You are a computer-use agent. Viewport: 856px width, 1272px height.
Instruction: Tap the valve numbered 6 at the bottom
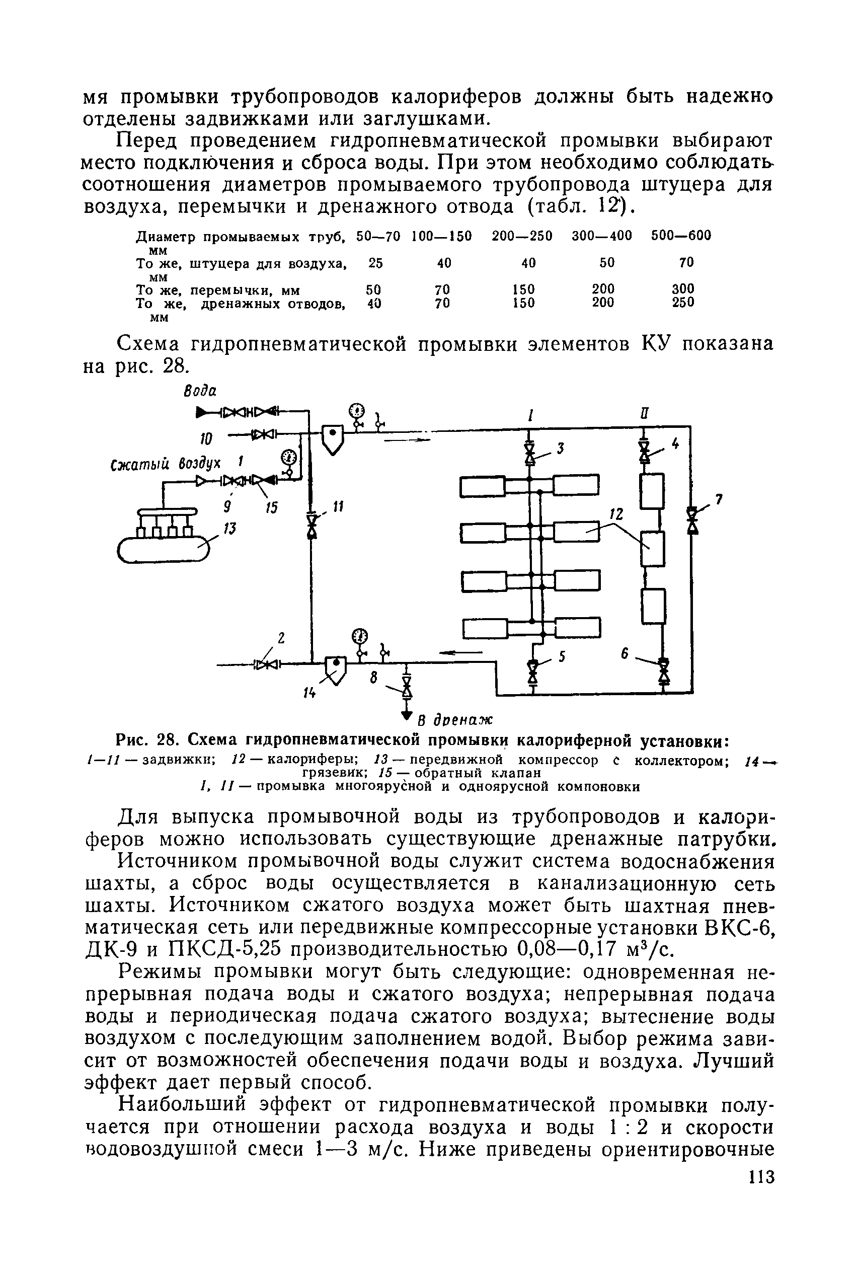tap(664, 670)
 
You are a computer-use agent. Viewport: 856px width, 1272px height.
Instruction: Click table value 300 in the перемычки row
tap(683, 288)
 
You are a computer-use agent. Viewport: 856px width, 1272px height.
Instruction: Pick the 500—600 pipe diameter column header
tap(681, 236)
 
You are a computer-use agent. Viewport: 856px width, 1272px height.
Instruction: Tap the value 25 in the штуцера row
tap(375, 263)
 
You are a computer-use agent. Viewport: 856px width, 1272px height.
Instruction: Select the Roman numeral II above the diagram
tap(645, 413)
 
